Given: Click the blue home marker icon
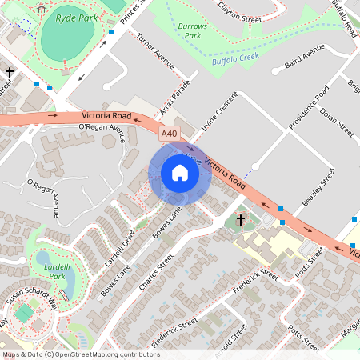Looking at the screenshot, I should [179, 173].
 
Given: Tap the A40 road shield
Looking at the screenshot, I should [168, 134].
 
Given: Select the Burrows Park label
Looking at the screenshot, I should [192, 31].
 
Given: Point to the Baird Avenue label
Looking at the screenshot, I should [303, 58].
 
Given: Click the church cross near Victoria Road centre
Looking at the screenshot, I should [239, 219].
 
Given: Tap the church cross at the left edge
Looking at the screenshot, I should [10, 74].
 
